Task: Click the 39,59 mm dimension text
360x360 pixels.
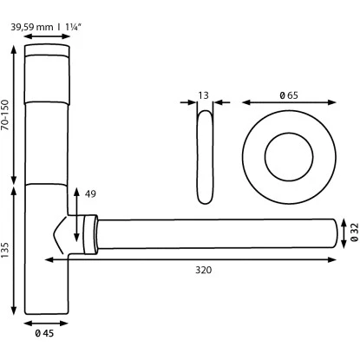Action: click(32, 27)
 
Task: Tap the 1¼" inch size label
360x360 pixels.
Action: click(73, 27)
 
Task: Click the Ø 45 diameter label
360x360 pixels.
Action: click(44, 333)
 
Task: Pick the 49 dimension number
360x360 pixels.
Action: click(90, 193)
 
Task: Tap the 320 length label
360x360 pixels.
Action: click(204, 270)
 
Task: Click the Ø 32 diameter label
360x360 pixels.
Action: click(355, 232)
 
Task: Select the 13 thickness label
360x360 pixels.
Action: click(204, 95)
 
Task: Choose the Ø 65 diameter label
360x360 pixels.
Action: click(289, 95)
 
